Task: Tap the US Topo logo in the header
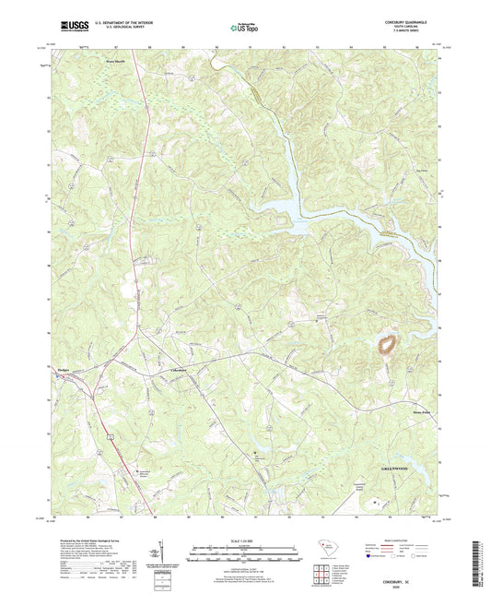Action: (241, 28)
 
